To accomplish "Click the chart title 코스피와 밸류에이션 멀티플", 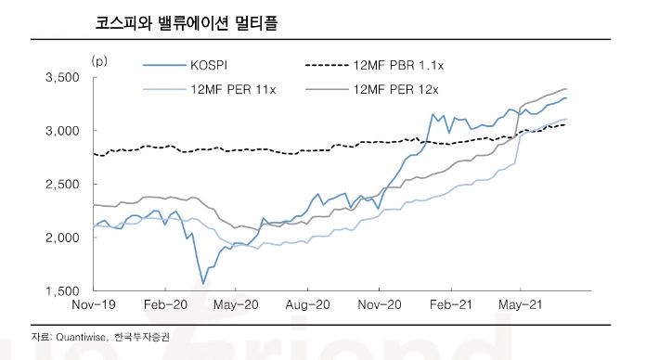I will (187, 20).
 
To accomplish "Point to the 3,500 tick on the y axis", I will (64, 77).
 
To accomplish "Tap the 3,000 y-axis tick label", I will (64, 131).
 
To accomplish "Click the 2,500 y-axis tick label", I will (64, 184).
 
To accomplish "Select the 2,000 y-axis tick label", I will (64, 238).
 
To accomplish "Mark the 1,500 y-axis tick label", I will (64, 291).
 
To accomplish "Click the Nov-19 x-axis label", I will (94, 304).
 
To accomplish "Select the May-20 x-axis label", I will (236, 304).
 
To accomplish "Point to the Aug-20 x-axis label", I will (307, 304).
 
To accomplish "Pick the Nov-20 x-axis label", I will (379, 304).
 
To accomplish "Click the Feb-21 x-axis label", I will (450, 304).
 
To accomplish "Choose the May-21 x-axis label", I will (521, 304).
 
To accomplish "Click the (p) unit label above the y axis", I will (98, 60).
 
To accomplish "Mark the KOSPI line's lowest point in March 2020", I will (203, 284).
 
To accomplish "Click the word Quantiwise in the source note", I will (76, 336).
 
